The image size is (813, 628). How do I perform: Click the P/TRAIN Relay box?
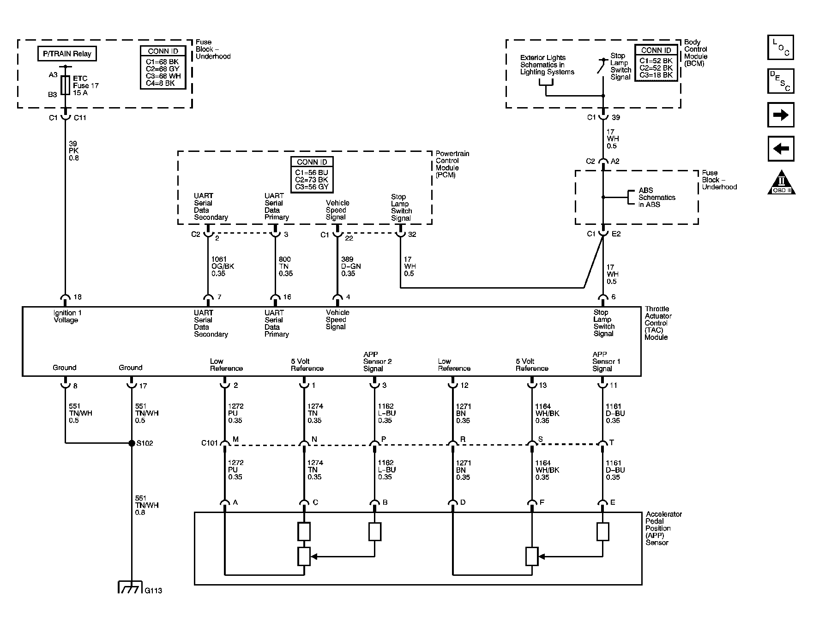click(x=67, y=54)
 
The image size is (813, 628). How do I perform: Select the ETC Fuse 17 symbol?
click(x=65, y=85)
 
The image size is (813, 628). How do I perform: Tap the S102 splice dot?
click(x=132, y=443)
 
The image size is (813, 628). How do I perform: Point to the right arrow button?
click(x=780, y=115)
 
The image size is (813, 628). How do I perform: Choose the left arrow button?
click(x=780, y=149)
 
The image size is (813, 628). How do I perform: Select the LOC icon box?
click(x=780, y=48)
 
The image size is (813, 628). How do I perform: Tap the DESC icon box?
click(x=780, y=81)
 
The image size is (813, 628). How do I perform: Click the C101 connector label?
click(x=209, y=443)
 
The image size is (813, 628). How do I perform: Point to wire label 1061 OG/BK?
click(x=223, y=266)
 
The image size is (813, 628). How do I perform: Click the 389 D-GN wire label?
click(x=350, y=266)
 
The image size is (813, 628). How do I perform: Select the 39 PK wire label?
click(x=74, y=151)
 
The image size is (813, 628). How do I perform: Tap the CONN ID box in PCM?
click(x=312, y=175)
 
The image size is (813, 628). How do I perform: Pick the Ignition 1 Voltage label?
click(x=67, y=316)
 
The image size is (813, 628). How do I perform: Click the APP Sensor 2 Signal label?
click(x=377, y=362)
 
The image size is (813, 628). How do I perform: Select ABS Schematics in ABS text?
click(x=656, y=198)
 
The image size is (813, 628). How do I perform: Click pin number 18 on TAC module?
click(x=78, y=297)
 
